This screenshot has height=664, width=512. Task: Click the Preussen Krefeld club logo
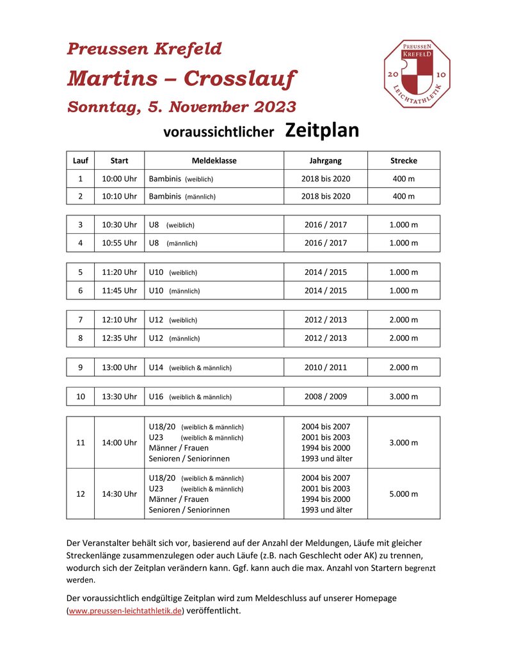point(417,74)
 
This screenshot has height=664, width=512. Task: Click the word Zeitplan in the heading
point(322,131)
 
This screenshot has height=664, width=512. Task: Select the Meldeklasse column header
point(214,161)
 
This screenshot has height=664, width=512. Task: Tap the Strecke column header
point(403,161)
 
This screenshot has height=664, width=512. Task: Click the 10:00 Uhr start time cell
point(119,179)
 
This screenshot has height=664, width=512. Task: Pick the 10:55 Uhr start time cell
point(119,243)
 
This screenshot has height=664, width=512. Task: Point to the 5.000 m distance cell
point(403,494)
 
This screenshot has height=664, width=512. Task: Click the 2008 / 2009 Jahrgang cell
point(325,397)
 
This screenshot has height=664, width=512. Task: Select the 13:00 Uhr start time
point(119,367)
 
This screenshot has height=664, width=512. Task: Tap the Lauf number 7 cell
point(81,320)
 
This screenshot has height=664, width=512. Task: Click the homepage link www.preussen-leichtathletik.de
point(125,611)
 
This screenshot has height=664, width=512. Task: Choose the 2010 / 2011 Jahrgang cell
point(325,367)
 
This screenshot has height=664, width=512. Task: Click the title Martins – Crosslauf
point(182,79)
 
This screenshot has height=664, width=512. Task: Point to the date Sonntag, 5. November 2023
point(182,107)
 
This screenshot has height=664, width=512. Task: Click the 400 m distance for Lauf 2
point(403,196)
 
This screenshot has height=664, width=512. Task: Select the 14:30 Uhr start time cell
point(119,494)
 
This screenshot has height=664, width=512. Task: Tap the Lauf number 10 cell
point(81,397)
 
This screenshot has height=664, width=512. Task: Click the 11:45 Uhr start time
point(119,290)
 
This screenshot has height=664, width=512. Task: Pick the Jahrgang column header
point(325,161)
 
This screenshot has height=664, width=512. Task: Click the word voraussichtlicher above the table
point(219,133)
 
